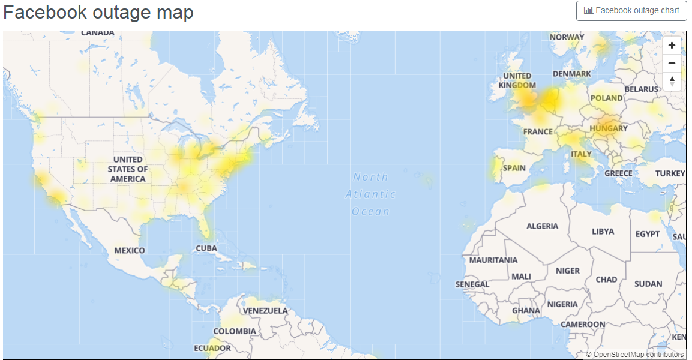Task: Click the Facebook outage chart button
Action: tap(631, 11)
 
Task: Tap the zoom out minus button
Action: tap(672, 63)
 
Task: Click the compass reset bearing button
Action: tap(672, 81)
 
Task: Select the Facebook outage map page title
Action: tap(98, 12)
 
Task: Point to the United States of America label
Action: tap(128, 169)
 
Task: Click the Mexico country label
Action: tap(130, 250)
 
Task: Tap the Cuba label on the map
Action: tap(206, 248)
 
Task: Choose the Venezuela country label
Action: tap(265, 311)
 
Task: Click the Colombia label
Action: tap(235, 331)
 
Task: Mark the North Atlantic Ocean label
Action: tap(370, 194)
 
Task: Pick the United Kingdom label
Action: tap(517, 80)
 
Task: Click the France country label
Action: tap(538, 131)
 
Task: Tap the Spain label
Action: tap(514, 168)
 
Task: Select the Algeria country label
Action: tap(542, 226)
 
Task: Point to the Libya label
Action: tap(603, 231)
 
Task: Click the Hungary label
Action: tap(608, 128)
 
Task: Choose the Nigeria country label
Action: tap(562, 304)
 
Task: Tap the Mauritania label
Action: tap(493, 260)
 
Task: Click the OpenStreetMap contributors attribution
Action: tap(635, 355)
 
